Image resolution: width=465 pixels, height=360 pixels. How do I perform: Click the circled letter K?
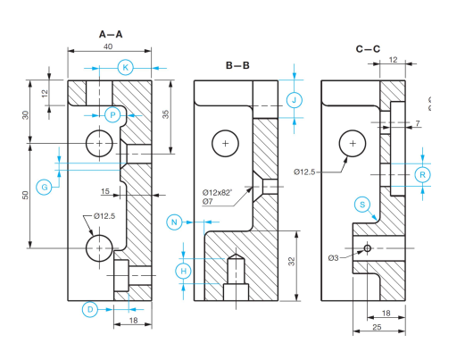pyautogui.click(x=126, y=68)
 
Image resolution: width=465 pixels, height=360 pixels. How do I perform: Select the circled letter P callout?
pyautogui.click(x=112, y=114)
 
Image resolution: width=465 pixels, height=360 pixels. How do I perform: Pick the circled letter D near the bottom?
pyautogui.click(x=89, y=309)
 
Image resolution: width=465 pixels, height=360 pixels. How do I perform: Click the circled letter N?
pyautogui.click(x=175, y=221)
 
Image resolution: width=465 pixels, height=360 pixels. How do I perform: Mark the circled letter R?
pyautogui.click(x=423, y=174)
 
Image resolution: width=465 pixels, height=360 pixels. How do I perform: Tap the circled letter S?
pyautogui.click(x=362, y=204)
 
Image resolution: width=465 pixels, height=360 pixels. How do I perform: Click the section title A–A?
pyautogui.click(x=111, y=34)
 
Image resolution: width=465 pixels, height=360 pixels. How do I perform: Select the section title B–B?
pyautogui.click(x=237, y=65)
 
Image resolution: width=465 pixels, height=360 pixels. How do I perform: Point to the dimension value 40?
pyautogui.click(x=108, y=46)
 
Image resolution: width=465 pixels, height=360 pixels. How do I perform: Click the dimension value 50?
pyautogui.click(x=27, y=195)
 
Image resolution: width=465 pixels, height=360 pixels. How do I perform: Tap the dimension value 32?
pyautogui.click(x=291, y=262)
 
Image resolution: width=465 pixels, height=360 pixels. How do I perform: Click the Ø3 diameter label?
pyautogui.click(x=333, y=257)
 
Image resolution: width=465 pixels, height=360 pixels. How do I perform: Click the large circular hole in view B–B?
pyautogui.click(x=226, y=143)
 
